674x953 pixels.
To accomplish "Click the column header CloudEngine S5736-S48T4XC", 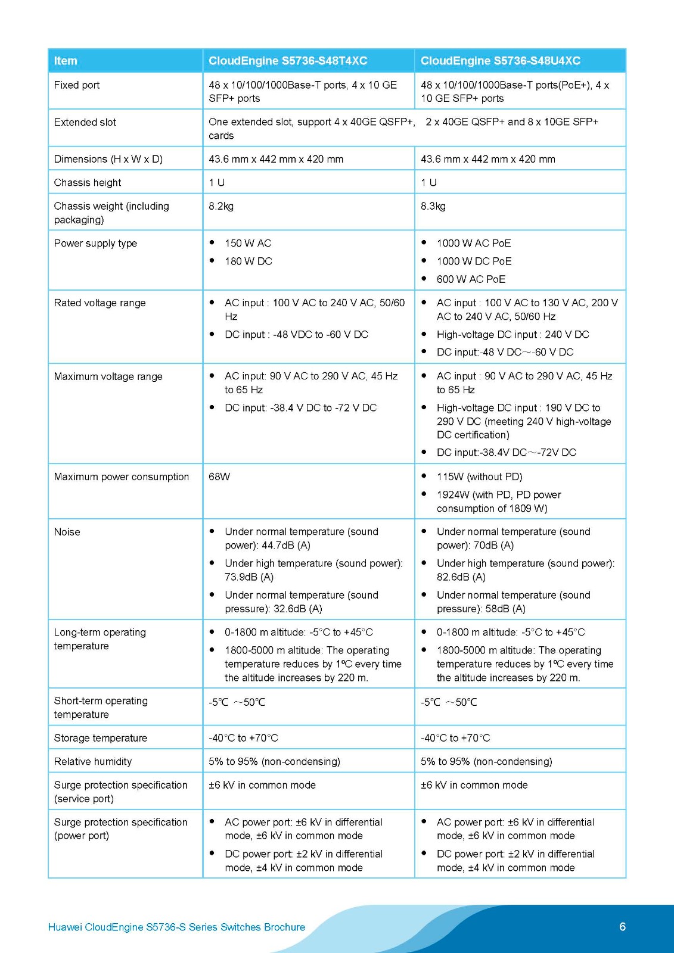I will click(288, 61).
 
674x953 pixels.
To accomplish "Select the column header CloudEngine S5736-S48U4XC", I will click(500, 61).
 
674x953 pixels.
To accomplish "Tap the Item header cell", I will click(66, 61).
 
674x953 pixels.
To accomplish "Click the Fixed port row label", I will click(77, 85).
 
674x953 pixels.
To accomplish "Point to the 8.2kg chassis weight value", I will click(221, 206).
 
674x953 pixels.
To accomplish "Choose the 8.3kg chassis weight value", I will click(433, 206).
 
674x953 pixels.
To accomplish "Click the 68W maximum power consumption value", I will click(219, 476).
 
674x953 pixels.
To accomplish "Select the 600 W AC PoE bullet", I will click(471, 279).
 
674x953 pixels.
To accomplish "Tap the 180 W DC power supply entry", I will click(248, 261).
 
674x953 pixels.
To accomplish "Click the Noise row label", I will click(67, 532).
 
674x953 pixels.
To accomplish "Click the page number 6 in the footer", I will click(622, 926).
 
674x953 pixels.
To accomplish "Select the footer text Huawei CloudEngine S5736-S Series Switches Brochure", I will click(176, 927).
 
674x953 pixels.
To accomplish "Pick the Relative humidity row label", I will click(93, 761).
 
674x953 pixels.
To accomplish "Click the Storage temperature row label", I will click(101, 738).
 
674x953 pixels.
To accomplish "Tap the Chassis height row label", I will click(88, 182).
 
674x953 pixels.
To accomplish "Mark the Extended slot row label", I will click(85, 122).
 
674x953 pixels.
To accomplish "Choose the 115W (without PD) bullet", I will click(479, 476).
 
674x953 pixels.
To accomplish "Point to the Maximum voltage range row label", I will click(108, 376).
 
